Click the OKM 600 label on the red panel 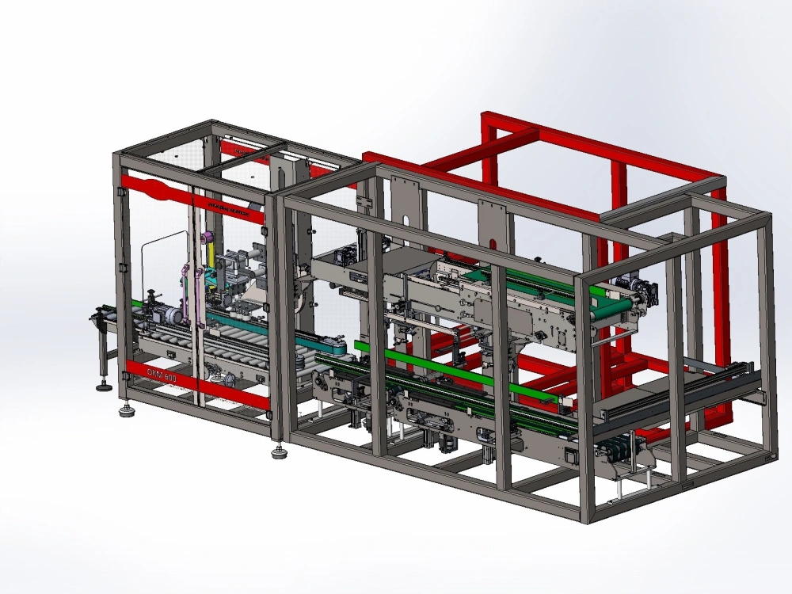(162, 375)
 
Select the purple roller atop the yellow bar (208, 237)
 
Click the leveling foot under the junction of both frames (279, 453)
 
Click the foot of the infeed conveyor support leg (102, 387)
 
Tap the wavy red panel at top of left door (158, 190)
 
